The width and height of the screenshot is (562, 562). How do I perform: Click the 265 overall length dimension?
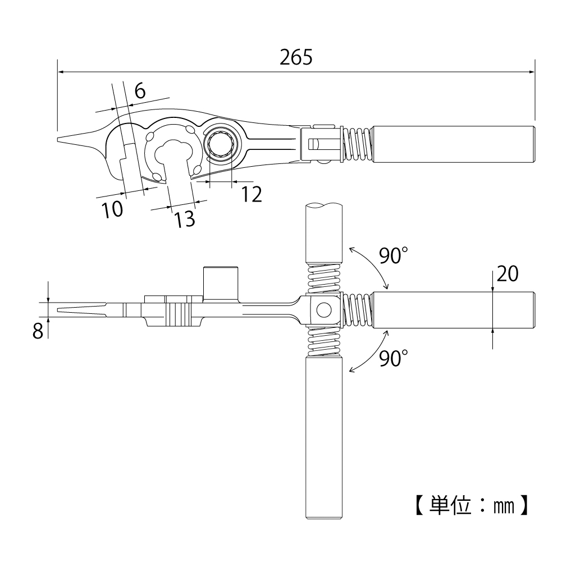296,57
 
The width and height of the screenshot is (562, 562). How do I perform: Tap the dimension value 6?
140,90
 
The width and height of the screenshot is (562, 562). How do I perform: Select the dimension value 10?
112,209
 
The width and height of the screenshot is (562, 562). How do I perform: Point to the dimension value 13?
184,219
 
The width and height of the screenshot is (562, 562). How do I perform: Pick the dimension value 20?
508,274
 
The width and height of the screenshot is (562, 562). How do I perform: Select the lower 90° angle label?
391,358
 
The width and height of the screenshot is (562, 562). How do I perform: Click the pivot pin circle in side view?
323,309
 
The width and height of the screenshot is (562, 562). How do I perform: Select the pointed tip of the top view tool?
60,140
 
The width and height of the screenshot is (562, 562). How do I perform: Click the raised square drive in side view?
220,284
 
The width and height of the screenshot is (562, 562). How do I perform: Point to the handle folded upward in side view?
323,233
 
